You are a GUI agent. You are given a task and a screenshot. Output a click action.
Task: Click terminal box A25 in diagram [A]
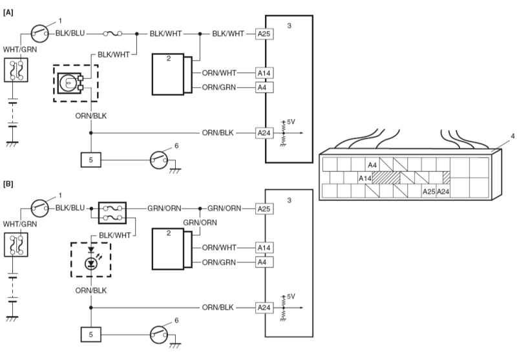pyautogui.click(x=264, y=34)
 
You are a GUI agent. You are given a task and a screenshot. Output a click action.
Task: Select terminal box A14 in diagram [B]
pyautogui.click(x=264, y=248)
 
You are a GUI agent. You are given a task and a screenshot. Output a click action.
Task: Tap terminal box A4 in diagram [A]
pyautogui.click(x=264, y=87)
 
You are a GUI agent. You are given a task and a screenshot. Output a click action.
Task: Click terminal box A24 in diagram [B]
pyautogui.click(x=264, y=308)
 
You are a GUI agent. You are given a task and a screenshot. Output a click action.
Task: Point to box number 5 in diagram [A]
pyautogui.click(x=91, y=160)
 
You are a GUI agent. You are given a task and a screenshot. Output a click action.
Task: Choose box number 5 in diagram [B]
pyautogui.click(x=91, y=334)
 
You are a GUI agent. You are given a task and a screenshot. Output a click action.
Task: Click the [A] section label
pyautogui.click(x=8, y=13)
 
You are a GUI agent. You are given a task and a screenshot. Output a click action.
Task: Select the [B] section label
pyautogui.click(x=8, y=184)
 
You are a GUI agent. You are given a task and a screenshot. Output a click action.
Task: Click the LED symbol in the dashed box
pyautogui.click(x=90, y=259)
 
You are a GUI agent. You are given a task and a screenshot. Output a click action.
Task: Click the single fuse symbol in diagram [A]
pyautogui.click(x=112, y=34)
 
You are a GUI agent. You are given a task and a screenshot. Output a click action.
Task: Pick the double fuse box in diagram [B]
pyautogui.click(x=112, y=213)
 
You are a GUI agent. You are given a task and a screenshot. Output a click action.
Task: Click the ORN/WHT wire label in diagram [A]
pyautogui.click(x=219, y=72)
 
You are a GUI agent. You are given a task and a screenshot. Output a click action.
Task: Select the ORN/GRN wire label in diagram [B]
pyautogui.click(x=219, y=262)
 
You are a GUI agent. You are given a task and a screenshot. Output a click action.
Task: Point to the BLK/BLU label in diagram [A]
pyautogui.click(x=70, y=34)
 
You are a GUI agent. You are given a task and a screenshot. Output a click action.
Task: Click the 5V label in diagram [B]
pyautogui.click(x=291, y=297)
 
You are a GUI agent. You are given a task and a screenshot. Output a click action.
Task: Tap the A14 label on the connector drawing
pyautogui.click(x=365, y=178)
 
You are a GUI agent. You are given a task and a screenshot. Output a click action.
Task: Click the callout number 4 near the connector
pyautogui.click(x=512, y=136)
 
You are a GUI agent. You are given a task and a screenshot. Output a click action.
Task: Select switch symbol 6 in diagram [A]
pyautogui.click(x=159, y=160)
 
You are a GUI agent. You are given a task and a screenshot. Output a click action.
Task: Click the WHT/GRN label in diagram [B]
pyautogui.click(x=20, y=224)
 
